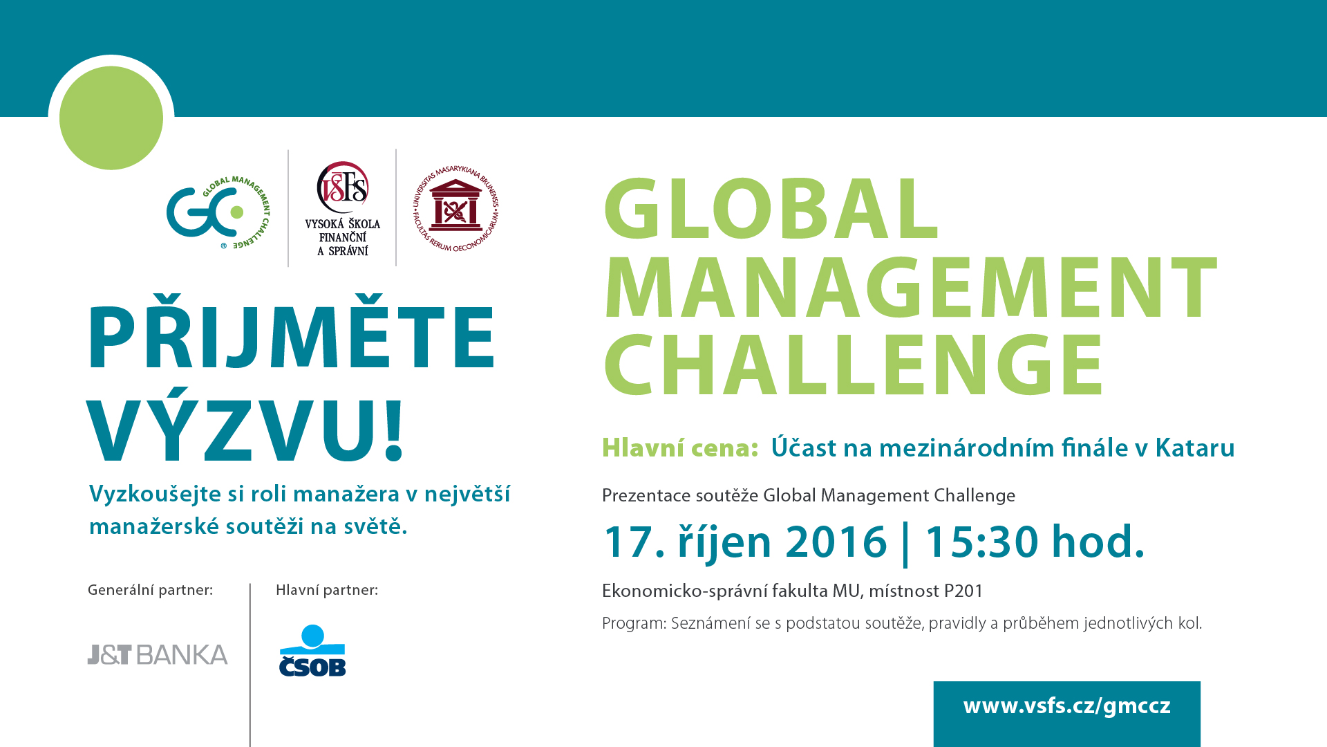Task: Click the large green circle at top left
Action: [111, 118]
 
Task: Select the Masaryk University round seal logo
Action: [455, 209]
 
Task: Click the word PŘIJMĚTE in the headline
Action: [292, 332]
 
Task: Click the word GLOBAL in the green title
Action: [771, 208]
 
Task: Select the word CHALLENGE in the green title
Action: [854, 365]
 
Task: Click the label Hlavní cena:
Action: [681, 448]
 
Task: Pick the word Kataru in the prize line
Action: [1195, 448]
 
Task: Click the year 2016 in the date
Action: [836, 542]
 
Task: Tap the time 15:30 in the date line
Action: [981, 542]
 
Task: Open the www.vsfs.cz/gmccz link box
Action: [1067, 714]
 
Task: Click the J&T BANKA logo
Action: [158, 654]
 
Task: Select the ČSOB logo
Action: [312, 650]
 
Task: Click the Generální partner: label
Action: [150, 590]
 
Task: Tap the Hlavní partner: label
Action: [327, 590]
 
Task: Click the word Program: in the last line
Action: [634, 624]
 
